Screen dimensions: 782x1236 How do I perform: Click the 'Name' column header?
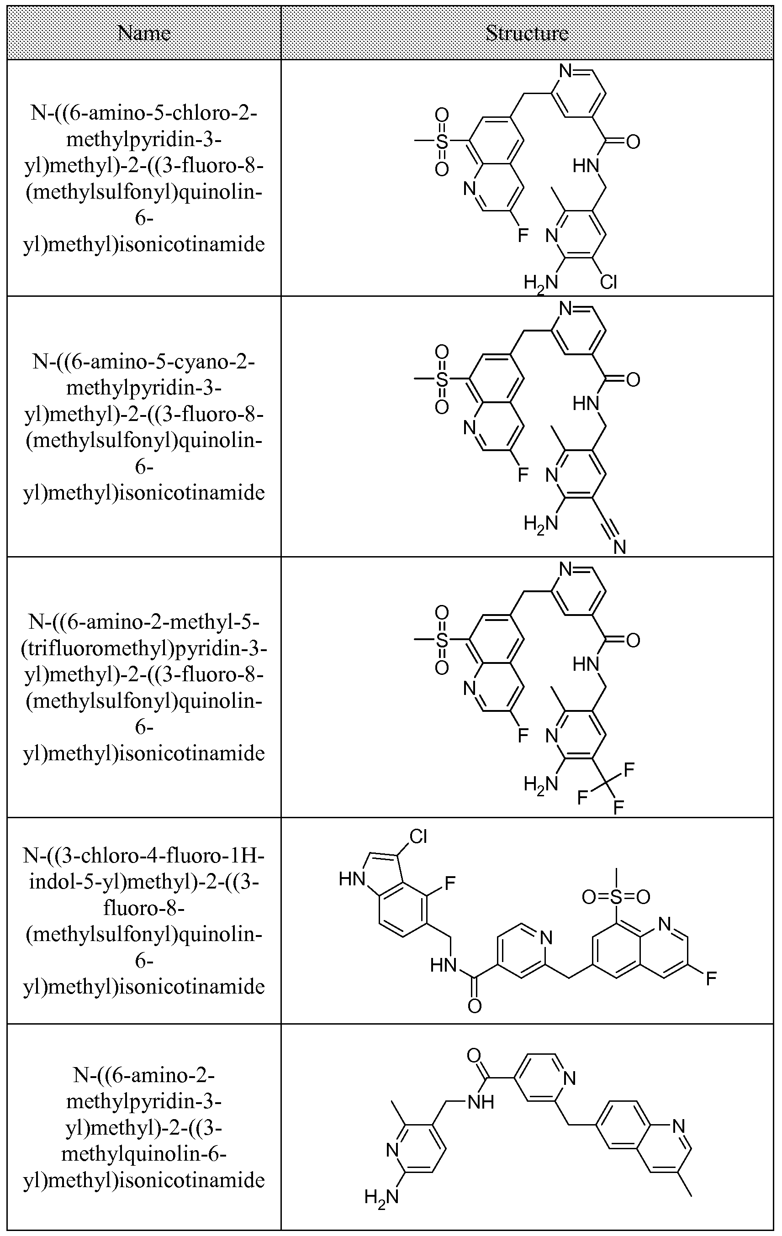point(144,33)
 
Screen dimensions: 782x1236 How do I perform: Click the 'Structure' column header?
point(527,33)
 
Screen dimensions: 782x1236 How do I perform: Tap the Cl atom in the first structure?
point(608,282)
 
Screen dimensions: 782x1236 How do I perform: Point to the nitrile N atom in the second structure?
point(620,547)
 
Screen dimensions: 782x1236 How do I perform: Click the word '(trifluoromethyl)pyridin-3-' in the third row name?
point(144,649)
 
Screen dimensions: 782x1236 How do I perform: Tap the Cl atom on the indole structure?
point(418,837)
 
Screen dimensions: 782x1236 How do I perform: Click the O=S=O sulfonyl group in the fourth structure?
point(616,897)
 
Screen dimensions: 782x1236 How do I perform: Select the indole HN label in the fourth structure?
point(352,880)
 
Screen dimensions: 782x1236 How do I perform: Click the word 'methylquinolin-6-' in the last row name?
point(144,1154)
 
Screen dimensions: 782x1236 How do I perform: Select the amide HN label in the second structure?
point(586,404)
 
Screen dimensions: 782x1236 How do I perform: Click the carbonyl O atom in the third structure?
point(633,641)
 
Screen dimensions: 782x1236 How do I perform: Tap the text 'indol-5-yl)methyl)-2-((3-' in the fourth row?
point(144,882)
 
